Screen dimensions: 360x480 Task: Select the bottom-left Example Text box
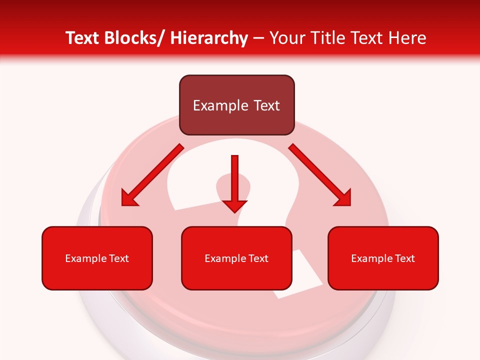click(97, 258)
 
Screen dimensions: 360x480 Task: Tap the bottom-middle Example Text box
click(236, 258)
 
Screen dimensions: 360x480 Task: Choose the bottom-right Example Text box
click(383, 258)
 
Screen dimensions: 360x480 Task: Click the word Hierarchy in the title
click(209, 38)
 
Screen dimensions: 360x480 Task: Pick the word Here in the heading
click(406, 38)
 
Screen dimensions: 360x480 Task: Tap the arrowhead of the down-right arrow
click(343, 198)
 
